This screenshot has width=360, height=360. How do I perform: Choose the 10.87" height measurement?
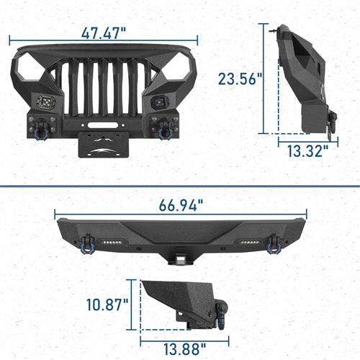click(x=107, y=305)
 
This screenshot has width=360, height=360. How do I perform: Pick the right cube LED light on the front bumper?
click(x=158, y=102)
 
